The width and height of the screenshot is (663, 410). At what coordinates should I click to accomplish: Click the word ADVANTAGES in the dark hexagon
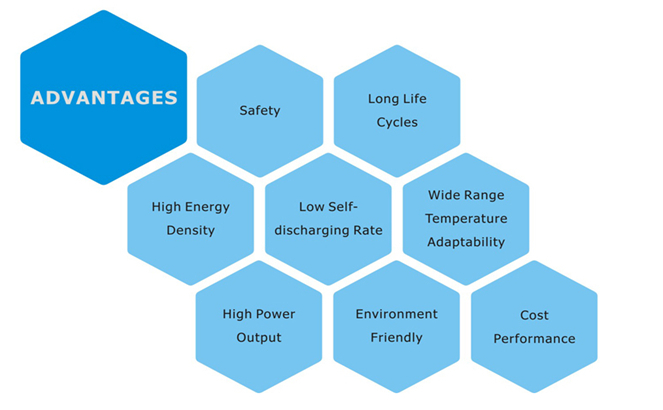pyautogui.click(x=104, y=98)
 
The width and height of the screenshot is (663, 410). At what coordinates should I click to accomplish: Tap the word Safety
pyautogui.click(x=260, y=110)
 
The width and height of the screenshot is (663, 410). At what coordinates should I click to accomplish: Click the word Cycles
pyautogui.click(x=397, y=122)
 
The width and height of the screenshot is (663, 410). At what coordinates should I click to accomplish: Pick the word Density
pyautogui.click(x=191, y=230)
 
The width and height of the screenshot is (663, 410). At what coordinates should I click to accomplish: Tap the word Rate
pyautogui.click(x=366, y=230)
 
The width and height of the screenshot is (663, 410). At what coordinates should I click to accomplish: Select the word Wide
pyautogui.click(x=444, y=195)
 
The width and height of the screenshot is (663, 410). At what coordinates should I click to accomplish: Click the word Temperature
pyautogui.click(x=466, y=218)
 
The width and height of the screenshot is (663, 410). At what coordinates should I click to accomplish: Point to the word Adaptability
pyautogui.click(x=466, y=241)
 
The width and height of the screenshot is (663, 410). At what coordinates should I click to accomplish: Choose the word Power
pyautogui.click(x=276, y=314)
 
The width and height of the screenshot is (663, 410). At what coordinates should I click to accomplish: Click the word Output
pyautogui.click(x=259, y=337)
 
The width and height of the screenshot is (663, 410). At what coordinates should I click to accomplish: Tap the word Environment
pyautogui.click(x=397, y=314)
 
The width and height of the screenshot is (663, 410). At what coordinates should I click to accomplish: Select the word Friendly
pyautogui.click(x=397, y=337)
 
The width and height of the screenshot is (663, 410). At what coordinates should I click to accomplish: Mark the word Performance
pyautogui.click(x=534, y=338)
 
